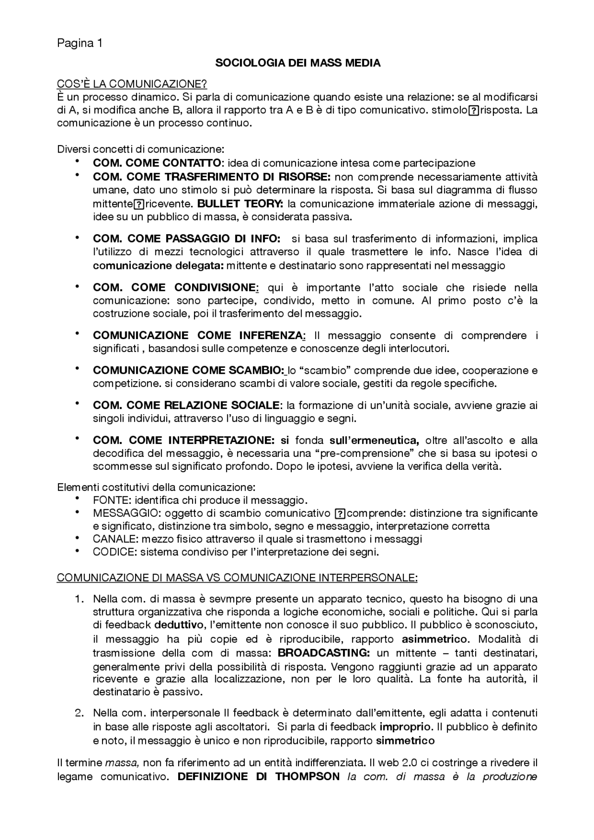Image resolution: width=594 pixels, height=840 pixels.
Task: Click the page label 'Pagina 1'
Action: pyautogui.click(x=79, y=44)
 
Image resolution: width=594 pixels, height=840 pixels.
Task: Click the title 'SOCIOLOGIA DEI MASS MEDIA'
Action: pyautogui.click(x=297, y=64)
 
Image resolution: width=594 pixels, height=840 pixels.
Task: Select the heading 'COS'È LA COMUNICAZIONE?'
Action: pyautogui.click(x=132, y=84)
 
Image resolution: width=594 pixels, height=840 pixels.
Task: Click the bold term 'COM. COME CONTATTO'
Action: pyautogui.click(x=157, y=163)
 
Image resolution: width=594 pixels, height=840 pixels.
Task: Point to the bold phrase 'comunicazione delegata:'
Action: pyautogui.click(x=159, y=266)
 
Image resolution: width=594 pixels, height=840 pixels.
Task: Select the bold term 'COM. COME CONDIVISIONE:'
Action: pyautogui.click(x=176, y=288)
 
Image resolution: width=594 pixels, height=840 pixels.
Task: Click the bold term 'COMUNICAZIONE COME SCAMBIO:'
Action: pyautogui.click(x=188, y=371)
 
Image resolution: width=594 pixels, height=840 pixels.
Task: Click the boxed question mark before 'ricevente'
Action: pyautogui.click(x=138, y=204)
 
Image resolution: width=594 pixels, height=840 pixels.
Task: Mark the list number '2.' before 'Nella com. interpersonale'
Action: pyautogui.click(x=79, y=712)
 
